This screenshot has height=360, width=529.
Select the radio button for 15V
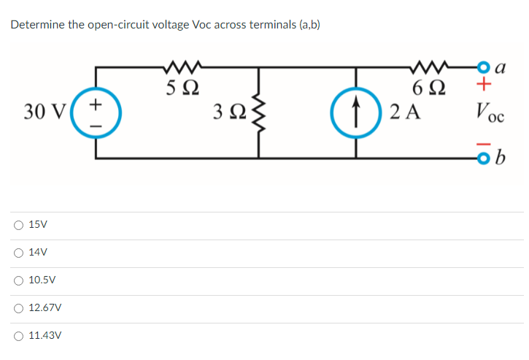pos(17,225)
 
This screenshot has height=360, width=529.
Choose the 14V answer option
pos(17,253)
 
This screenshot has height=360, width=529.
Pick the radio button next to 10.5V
pos(17,280)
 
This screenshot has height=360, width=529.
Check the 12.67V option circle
pos(17,308)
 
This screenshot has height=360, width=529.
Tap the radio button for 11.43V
pos(17,336)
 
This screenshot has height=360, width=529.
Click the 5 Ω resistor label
pos(180,92)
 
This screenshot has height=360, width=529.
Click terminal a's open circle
pos(481,67)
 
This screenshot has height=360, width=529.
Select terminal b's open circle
pos(481,158)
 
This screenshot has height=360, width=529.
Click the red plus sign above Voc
pos(482,87)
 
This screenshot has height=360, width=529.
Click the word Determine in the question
pos(35,25)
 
